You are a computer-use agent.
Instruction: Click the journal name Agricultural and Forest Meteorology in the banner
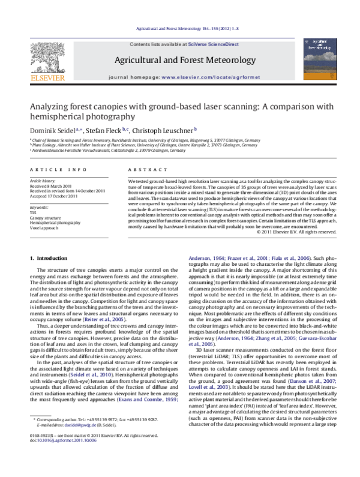[x=179, y=61]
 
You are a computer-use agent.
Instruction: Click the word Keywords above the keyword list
[x=39, y=206]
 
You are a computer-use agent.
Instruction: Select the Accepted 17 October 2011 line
[x=53, y=196]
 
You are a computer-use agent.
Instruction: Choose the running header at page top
[x=179, y=28]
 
